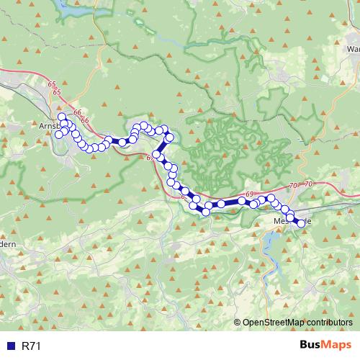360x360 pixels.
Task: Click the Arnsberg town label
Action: click(44, 125)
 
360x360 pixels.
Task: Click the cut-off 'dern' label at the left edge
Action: click(8, 246)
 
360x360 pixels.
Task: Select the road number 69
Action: click(249, 194)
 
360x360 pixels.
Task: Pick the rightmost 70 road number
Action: click(308, 184)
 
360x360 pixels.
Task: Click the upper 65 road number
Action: click(51, 84)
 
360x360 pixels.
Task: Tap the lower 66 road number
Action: click(85, 119)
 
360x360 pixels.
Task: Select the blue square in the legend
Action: click(11, 346)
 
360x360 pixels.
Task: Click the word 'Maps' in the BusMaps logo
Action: click(336, 345)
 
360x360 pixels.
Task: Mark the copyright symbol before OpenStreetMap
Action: click(238, 322)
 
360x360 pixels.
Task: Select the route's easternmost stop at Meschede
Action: click(301, 224)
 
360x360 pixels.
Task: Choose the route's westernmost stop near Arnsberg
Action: click(59, 134)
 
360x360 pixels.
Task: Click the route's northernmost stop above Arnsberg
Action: click(61, 117)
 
